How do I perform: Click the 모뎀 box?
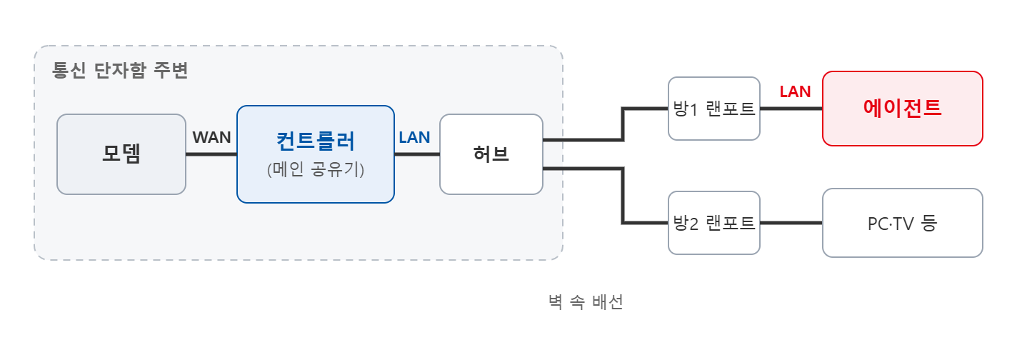(x=121, y=154)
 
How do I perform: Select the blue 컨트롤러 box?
(x=316, y=154)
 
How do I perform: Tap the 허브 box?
(x=491, y=154)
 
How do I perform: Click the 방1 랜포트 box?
(x=714, y=109)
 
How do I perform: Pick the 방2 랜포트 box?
(x=714, y=223)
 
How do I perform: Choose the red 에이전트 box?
(x=903, y=109)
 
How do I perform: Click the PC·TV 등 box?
(x=903, y=223)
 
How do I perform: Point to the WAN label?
(x=211, y=137)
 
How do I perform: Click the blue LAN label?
(x=414, y=137)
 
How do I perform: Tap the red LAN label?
(x=795, y=91)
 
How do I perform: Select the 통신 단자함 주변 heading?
(x=120, y=71)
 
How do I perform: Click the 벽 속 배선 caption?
(x=586, y=302)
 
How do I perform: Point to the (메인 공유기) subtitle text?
(x=316, y=169)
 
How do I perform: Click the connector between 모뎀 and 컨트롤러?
(x=211, y=154)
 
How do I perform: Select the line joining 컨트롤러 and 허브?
(x=417, y=154)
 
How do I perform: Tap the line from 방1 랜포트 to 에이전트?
(x=791, y=109)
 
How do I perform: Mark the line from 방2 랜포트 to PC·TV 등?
(x=791, y=223)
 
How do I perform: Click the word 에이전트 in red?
(x=903, y=108)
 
